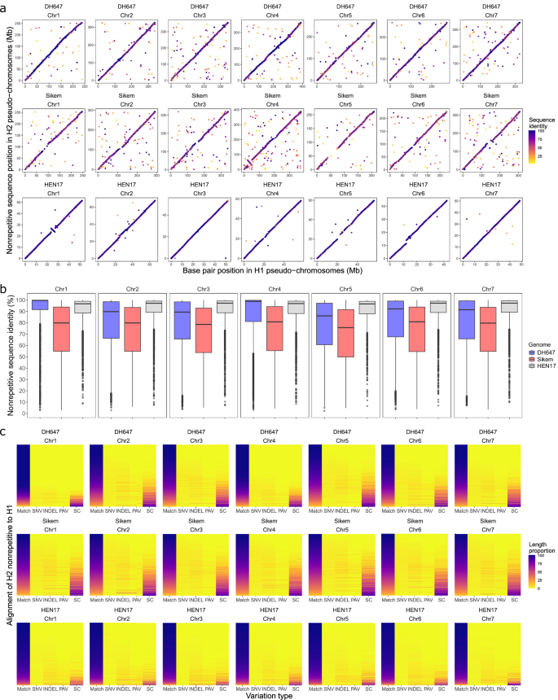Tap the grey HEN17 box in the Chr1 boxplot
(82, 307)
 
